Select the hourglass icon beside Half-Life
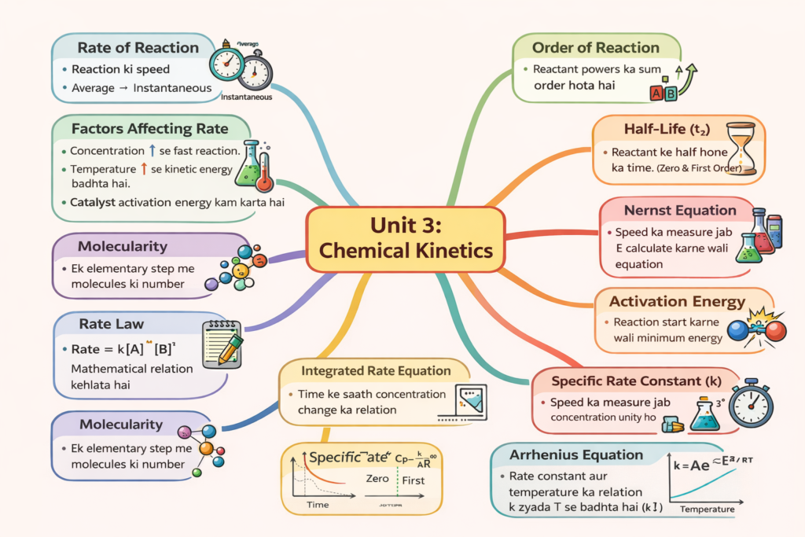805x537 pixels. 740,147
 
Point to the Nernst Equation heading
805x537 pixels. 680,210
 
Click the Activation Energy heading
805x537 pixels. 677,301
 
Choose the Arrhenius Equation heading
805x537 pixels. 576,455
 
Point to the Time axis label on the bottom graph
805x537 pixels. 317,504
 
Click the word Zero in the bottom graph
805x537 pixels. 379,479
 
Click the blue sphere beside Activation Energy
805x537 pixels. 738,331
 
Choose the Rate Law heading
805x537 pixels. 111,323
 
